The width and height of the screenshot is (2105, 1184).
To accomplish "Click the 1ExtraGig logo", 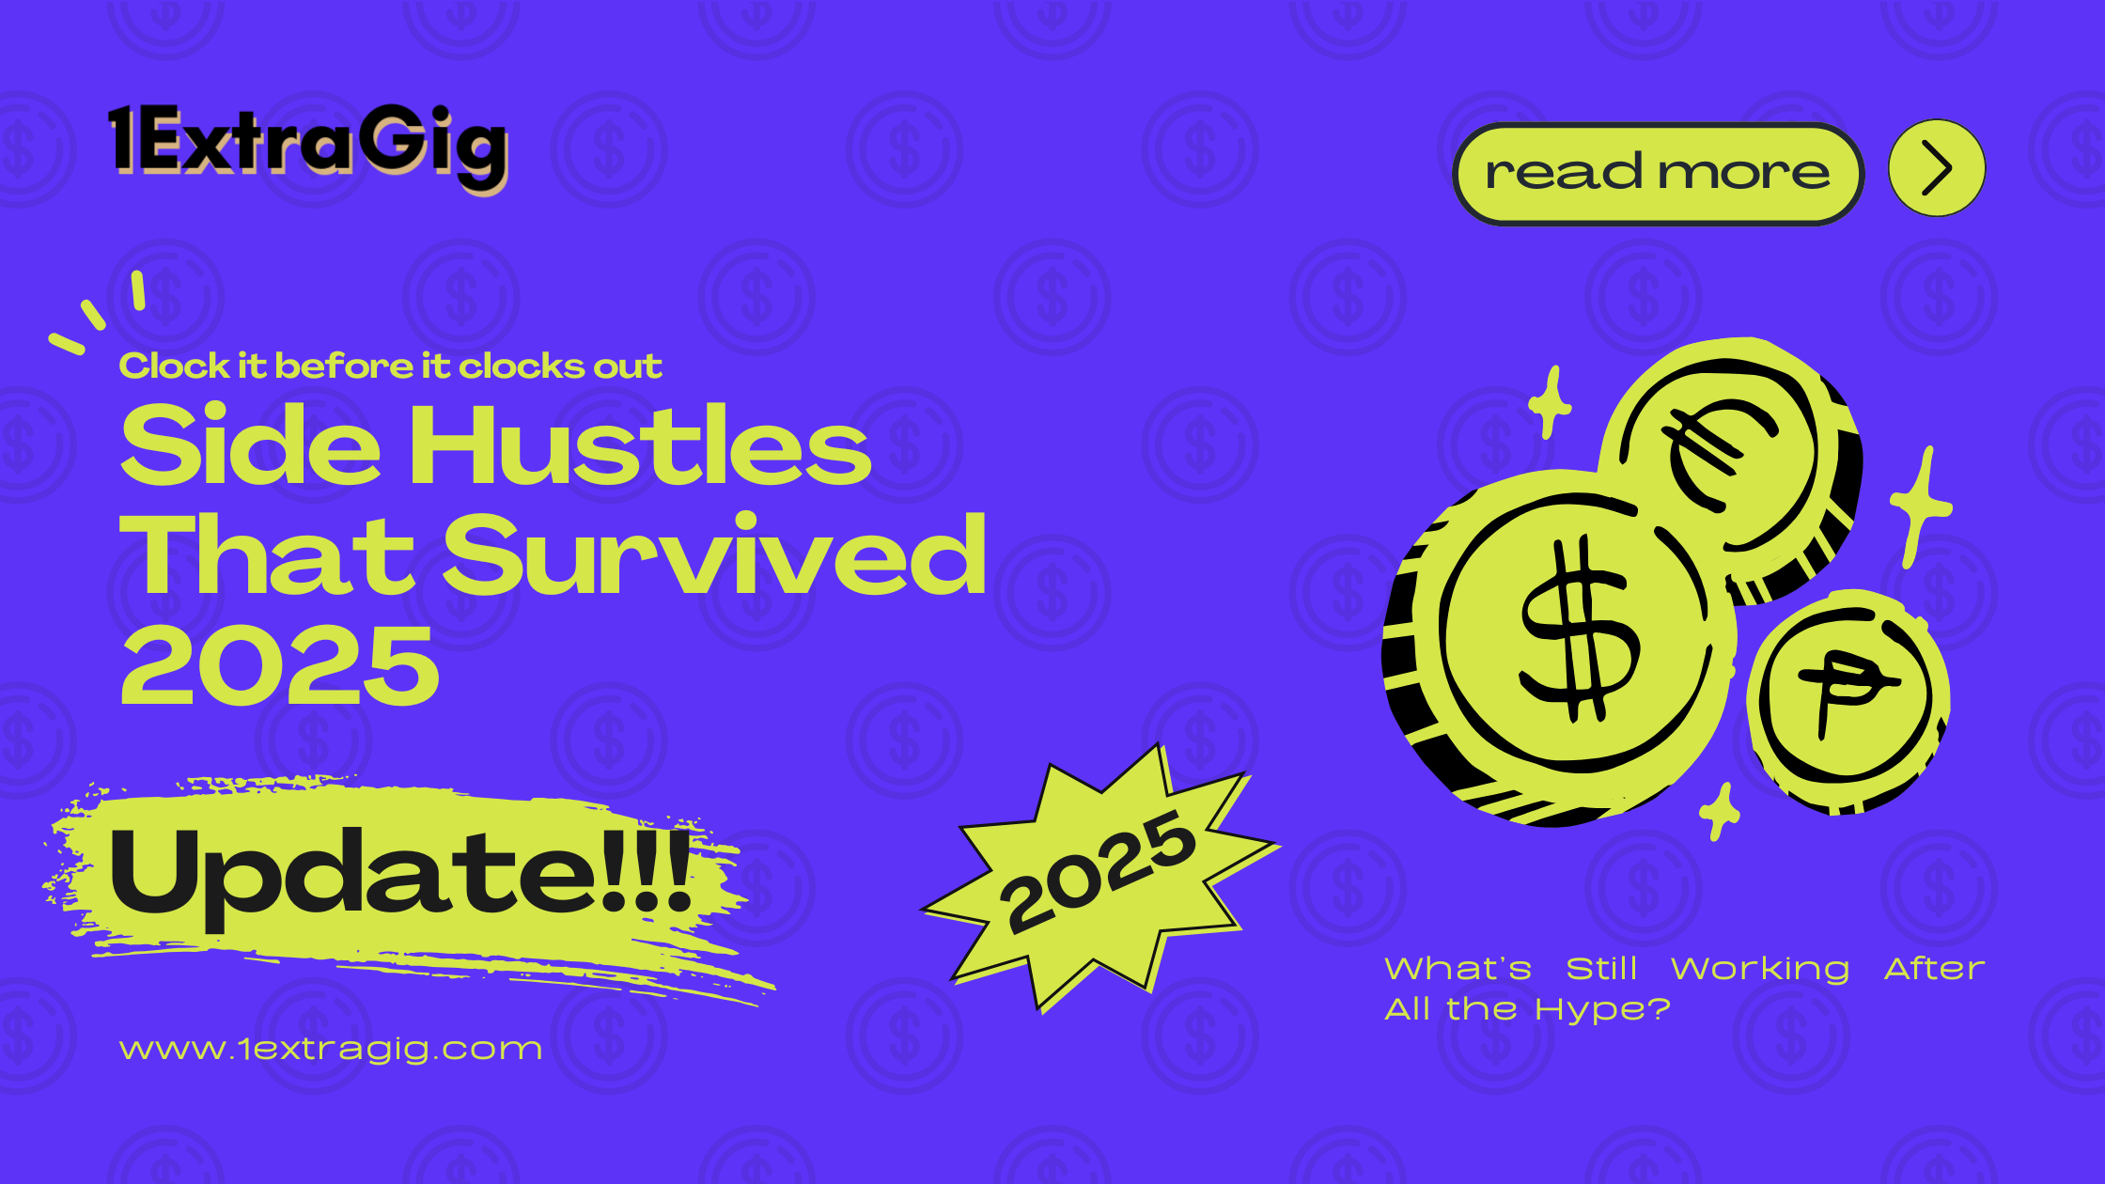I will pos(308,144).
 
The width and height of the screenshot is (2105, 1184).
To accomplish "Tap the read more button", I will pos(1658,174).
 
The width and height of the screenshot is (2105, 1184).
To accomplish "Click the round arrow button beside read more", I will pos(1937,168).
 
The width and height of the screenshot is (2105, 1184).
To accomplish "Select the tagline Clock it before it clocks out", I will pos(390,366).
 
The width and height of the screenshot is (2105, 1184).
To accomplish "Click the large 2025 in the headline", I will pos(280,665).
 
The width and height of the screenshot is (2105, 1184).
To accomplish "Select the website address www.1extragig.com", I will pos(331,1049).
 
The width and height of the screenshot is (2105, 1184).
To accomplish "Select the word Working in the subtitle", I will pos(1760,969).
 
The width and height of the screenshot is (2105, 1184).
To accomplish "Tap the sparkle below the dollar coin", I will pos(1720,811).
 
